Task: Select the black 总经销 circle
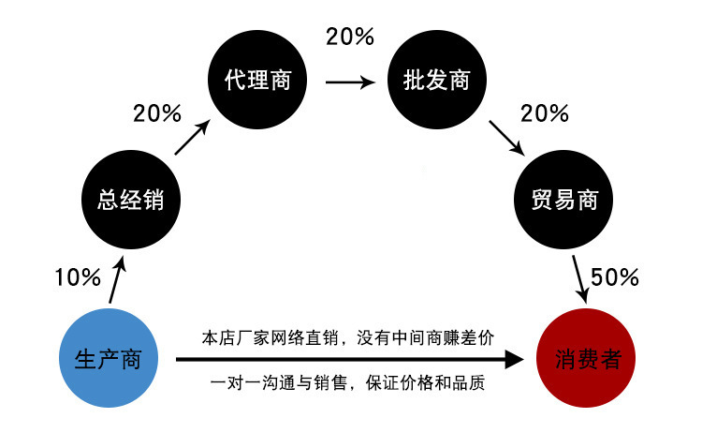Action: coord(130,199)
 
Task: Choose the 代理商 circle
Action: coord(257,81)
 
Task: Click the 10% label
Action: coord(77,277)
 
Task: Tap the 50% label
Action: coord(615,277)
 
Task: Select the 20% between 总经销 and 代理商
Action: coord(156,114)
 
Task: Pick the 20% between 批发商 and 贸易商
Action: coord(545,114)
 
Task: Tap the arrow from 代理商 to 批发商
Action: coord(349,82)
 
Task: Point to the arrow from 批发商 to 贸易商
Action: coord(505,137)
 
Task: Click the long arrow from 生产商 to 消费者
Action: coord(346,360)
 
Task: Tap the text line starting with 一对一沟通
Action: coord(347,384)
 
